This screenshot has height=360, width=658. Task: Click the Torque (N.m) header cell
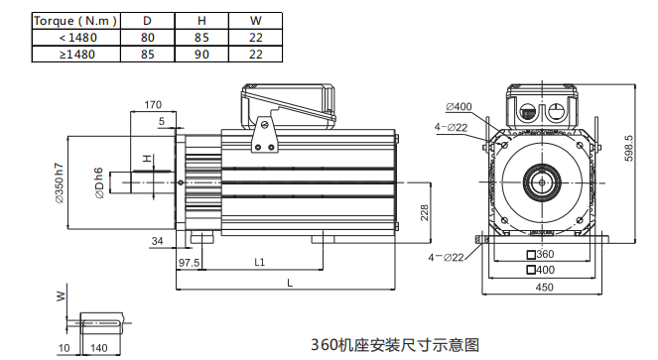pyautogui.click(x=76, y=21)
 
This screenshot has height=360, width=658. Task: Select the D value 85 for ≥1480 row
pyautogui.click(x=148, y=55)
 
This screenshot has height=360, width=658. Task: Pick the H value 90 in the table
pyautogui.click(x=201, y=55)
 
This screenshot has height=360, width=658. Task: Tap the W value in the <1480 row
pyautogui.click(x=256, y=38)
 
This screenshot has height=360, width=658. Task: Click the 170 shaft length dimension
pyautogui.click(x=153, y=104)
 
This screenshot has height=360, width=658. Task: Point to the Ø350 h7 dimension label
pyautogui.click(x=60, y=182)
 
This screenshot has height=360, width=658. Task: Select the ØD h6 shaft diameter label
pyautogui.click(x=98, y=182)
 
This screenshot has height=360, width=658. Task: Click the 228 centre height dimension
pyautogui.click(x=425, y=212)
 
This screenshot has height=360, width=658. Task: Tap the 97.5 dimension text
pyautogui.click(x=189, y=263)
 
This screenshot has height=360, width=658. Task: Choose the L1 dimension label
pyautogui.click(x=260, y=262)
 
